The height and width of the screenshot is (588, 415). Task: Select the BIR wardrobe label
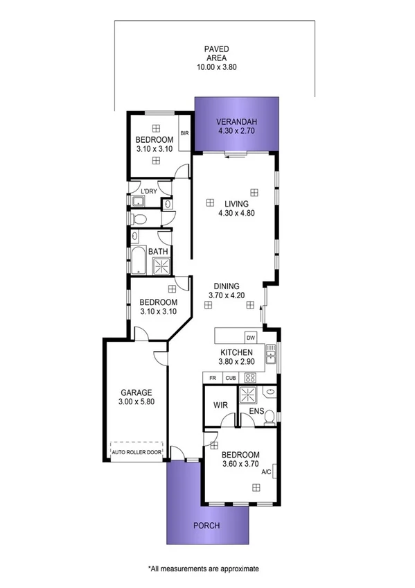click(184, 132)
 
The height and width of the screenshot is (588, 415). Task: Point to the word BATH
click(157, 252)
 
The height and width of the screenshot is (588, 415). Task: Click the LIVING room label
click(236, 204)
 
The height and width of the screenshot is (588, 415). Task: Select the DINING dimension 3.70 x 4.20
click(227, 295)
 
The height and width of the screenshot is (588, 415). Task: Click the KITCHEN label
click(237, 352)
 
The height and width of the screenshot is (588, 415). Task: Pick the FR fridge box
click(212, 378)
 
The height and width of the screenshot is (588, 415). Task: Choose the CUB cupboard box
click(229, 378)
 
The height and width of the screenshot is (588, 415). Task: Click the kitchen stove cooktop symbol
click(249, 378)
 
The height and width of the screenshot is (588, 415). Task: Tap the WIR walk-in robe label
click(221, 404)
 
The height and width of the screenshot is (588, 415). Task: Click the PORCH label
click(206, 526)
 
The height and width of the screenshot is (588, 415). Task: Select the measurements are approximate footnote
click(203, 568)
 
